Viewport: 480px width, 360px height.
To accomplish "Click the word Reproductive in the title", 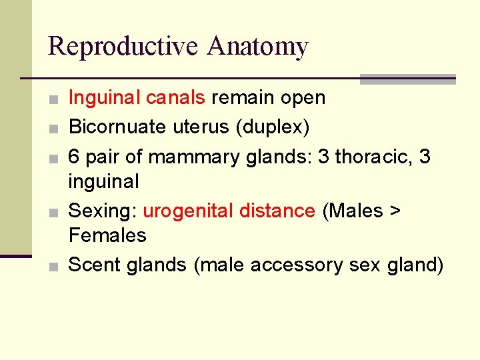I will tap(124, 47).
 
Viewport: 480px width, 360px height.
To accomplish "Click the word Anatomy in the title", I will tap(257, 47).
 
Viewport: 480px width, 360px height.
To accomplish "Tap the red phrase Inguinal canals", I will tap(137, 98).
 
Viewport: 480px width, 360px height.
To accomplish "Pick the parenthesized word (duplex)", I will tap(275, 127).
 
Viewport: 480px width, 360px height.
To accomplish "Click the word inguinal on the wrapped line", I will tap(103, 181).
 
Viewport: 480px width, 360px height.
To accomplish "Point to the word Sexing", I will tap(103, 211).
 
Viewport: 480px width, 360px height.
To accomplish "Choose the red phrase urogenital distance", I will tap(229, 211).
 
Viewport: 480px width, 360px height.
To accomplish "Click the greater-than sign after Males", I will tap(395, 211).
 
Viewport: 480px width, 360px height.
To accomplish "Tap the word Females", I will tap(107, 235).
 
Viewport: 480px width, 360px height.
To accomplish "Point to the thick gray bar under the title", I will tap(407, 79).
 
